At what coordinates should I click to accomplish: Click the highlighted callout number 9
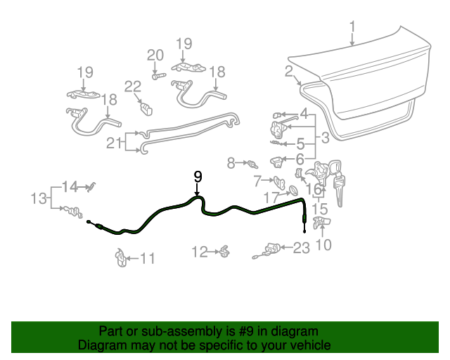[198, 176]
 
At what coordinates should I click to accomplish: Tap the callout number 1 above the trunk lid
[352, 28]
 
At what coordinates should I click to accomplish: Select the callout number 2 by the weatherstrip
[289, 70]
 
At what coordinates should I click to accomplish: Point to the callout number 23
[301, 247]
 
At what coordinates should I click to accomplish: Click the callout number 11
[146, 259]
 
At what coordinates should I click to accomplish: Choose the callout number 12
[200, 251]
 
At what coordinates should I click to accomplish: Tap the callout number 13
[39, 199]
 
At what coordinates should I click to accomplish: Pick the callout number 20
[155, 56]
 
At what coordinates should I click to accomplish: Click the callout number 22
[133, 86]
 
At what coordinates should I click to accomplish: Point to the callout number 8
[231, 163]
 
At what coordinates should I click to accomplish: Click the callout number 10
[323, 245]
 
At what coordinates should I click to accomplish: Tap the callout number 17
[271, 198]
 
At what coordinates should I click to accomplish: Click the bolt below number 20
[157, 74]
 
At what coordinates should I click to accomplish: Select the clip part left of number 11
[120, 257]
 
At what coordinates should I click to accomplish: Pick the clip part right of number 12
[224, 250]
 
